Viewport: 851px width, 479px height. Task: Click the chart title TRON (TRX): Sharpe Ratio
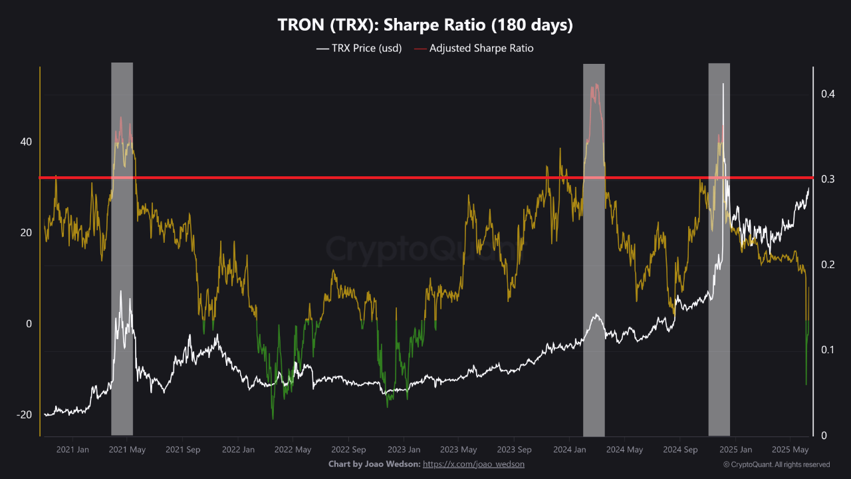click(x=425, y=25)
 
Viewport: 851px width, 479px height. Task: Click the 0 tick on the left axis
click(x=28, y=324)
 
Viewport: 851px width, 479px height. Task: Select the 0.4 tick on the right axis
click(x=827, y=94)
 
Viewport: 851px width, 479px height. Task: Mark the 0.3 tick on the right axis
click(x=827, y=179)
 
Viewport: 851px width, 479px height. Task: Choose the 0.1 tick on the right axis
click(x=827, y=350)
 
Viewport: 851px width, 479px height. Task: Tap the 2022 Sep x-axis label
click(x=349, y=449)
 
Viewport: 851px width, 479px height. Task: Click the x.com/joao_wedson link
click(x=473, y=464)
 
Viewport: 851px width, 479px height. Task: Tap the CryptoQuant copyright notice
click(x=776, y=464)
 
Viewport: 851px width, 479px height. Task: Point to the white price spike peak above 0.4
click(x=723, y=84)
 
